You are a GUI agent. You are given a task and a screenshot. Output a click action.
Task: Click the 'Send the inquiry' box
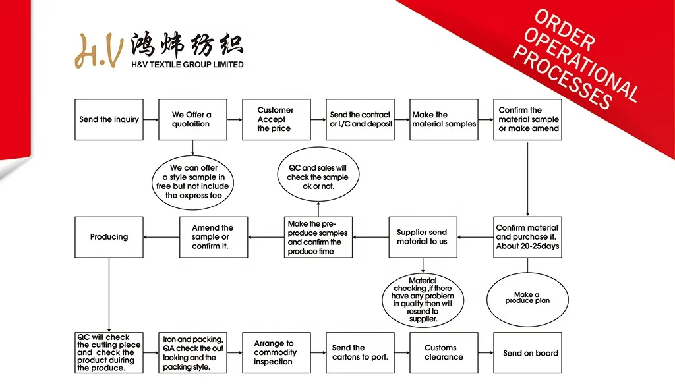(109, 119)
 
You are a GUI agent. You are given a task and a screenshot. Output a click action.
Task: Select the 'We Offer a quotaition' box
(192, 119)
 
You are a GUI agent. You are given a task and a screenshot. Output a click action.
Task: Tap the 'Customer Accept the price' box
(276, 119)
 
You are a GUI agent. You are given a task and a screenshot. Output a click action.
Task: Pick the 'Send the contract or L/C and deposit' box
(360, 119)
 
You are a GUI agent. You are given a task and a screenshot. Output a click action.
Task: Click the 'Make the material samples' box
(444, 119)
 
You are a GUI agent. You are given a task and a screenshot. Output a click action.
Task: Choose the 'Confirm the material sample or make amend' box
(527, 119)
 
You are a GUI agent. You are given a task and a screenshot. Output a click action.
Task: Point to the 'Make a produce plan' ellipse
(527, 298)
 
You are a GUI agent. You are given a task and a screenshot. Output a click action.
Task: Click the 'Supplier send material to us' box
(422, 237)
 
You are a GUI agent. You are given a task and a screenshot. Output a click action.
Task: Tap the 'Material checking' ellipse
(423, 300)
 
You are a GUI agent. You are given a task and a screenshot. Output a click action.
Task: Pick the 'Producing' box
(109, 237)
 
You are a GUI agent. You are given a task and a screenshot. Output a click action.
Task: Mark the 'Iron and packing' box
(192, 353)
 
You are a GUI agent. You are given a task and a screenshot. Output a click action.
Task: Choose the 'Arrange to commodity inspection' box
(276, 353)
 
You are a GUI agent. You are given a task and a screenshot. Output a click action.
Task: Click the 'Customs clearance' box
(444, 353)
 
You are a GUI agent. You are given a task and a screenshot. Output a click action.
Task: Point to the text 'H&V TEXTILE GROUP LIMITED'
(187, 65)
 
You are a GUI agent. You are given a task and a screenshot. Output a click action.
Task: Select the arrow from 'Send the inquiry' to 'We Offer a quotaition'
(151, 119)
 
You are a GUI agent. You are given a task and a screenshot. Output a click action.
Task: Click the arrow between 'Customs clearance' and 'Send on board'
(486, 353)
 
